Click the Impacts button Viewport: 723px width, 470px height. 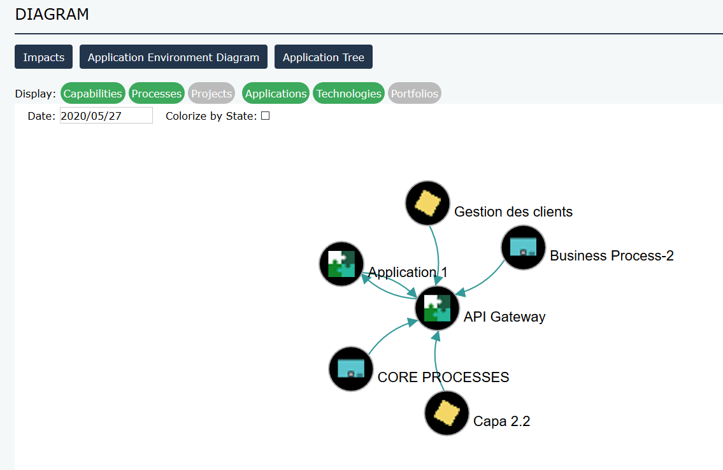pos(43,57)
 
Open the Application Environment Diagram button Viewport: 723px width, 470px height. pos(173,57)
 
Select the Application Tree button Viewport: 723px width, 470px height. pos(324,57)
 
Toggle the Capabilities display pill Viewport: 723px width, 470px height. pos(93,94)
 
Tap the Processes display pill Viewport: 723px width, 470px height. pos(157,94)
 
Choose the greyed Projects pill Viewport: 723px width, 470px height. pos(211,94)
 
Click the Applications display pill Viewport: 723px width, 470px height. pos(276,94)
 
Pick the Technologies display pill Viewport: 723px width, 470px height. pos(349,94)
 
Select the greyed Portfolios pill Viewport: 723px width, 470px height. pos(415,94)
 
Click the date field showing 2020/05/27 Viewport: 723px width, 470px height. pos(106,115)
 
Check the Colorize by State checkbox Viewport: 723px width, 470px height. pos(266,116)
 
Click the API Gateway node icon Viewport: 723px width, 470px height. pos(437,308)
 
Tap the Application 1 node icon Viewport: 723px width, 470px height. pos(341,264)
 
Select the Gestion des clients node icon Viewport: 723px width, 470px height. pos(428,203)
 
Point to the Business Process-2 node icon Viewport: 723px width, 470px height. pos(524,247)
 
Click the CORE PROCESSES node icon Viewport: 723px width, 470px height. pos(351,369)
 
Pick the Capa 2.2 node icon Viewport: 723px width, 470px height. pos(447,413)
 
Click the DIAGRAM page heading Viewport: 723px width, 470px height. pos(52,14)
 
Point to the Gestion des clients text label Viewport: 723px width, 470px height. pos(513,211)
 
